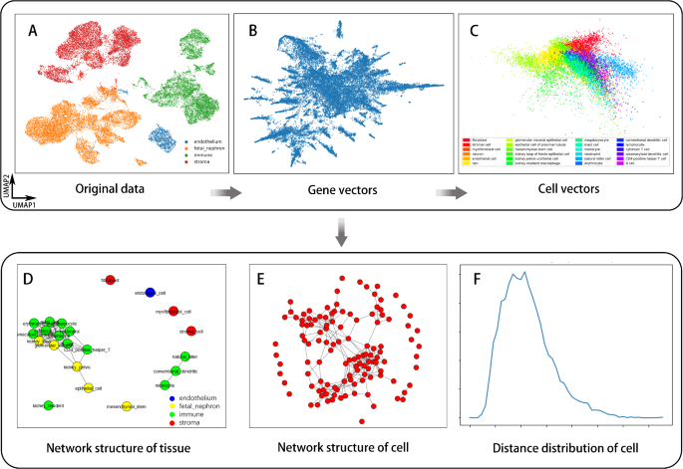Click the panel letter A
click(34, 29)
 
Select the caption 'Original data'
click(110, 188)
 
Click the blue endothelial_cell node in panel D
click(149, 292)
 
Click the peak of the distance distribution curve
click(523, 274)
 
